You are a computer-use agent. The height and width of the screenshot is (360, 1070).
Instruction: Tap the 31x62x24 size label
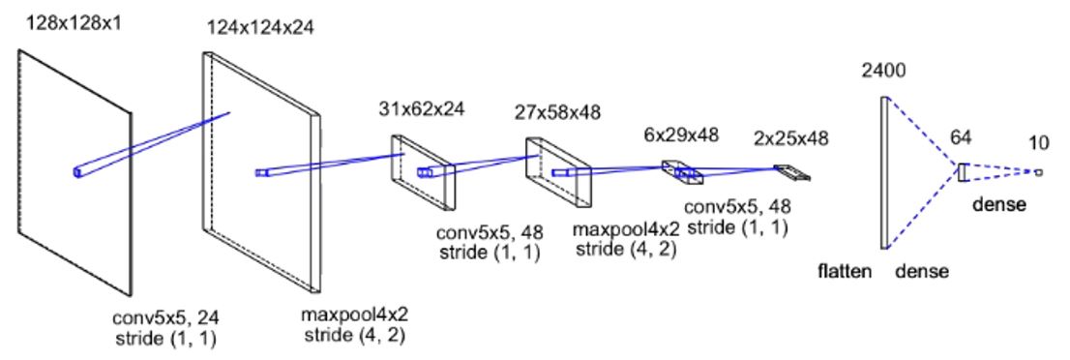(x=421, y=108)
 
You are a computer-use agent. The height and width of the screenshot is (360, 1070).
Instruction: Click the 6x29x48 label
(x=682, y=135)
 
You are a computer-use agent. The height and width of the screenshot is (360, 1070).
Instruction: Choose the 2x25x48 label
(x=791, y=138)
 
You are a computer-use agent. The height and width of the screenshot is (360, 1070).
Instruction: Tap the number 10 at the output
(x=1038, y=145)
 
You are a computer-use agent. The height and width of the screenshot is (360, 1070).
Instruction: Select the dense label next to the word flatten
(x=921, y=272)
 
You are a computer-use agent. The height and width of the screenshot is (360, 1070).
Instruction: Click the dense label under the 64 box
(x=999, y=205)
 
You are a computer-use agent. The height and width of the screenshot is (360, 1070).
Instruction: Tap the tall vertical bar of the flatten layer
(x=883, y=173)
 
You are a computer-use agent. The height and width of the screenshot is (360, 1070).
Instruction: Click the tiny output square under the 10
(x=1038, y=173)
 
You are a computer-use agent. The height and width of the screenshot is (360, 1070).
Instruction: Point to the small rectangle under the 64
(x=964, y=172)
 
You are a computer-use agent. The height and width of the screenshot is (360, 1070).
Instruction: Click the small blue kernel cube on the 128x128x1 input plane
(x=78, y=172)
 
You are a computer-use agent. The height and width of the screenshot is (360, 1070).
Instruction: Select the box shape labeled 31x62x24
(x=424, y=171)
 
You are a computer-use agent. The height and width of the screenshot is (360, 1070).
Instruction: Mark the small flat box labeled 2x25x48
(x=792, y=173)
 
